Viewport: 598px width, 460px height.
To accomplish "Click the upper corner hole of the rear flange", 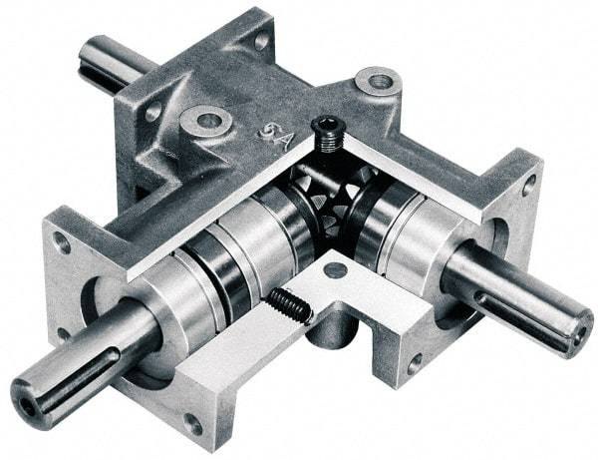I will coord(262,39).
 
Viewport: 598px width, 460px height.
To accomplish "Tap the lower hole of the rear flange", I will coord(153,112).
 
